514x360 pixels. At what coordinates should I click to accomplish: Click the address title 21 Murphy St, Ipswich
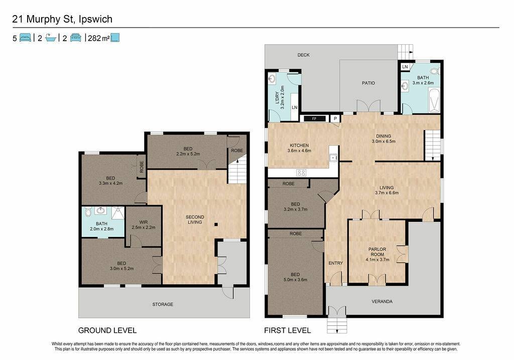click(x=62, y=19)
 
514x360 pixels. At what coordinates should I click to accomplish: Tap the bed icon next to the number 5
click(x=25, y=38)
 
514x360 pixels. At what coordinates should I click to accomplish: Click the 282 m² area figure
click(x=99, y=38)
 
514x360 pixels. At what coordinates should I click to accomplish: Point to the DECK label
click(x=303, y=55)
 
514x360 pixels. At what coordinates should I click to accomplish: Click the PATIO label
click(x=368, y=83)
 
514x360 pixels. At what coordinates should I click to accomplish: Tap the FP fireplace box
click(x=314, y=118)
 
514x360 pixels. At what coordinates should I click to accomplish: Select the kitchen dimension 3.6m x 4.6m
click(x=299, y=151)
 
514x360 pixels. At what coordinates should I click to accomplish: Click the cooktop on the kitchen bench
click(x=301, y=172)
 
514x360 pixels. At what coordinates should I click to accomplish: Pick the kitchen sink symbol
click(x=333, y=158)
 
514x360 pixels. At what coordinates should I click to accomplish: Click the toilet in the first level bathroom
click(x=435, y=71)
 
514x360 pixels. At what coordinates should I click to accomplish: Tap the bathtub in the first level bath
click(x=434, y=100)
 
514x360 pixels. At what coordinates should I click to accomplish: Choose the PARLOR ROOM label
click(x=377, y=252)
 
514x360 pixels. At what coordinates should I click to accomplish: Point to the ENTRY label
click(x=335, y=263)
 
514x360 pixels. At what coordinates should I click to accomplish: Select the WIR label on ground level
click(x=143, y=222)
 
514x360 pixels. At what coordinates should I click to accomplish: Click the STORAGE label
click(x=163, y=305)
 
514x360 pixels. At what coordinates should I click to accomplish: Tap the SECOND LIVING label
click(x=195, y=220)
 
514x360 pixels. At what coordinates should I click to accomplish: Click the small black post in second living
click(x=216, y=224)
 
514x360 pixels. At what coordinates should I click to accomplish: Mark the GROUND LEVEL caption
click(x=107, y=330)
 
